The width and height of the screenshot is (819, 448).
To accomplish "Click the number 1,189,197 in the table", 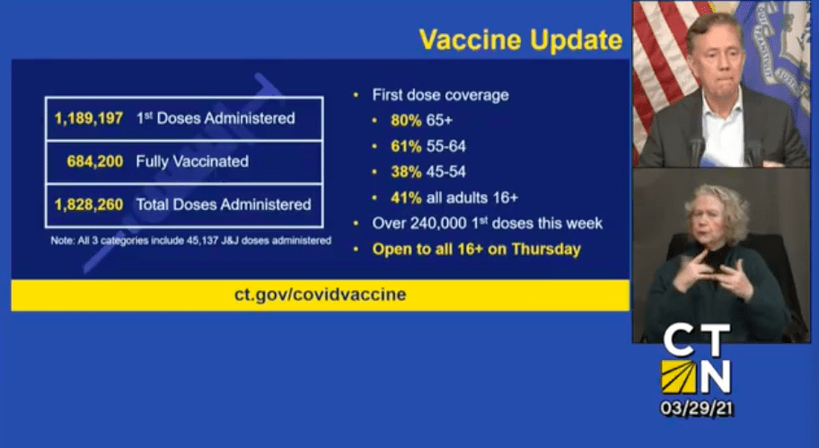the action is (89, 119).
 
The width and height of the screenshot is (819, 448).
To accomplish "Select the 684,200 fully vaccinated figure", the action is (95, 162).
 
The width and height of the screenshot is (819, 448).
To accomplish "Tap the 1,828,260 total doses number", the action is (89, 204).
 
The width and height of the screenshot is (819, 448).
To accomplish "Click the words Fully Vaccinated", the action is (192, 162).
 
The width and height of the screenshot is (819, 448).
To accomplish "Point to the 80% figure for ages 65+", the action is (406, 120).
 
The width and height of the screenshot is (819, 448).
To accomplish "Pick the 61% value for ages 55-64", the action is (406, 146).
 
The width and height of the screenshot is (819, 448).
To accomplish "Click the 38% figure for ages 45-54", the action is (406, 171).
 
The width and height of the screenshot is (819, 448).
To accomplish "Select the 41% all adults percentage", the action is (406, 198).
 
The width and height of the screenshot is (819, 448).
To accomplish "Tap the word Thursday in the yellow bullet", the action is (546, 250).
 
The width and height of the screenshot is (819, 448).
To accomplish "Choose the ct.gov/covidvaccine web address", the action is (321, 294).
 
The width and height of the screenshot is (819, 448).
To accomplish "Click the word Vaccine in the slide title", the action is (471, 40).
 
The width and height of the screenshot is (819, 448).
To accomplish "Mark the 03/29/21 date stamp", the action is (697, 408).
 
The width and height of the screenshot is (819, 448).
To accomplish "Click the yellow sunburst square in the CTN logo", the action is (679, 376).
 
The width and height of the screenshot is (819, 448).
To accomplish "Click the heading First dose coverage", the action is (440, 95).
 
